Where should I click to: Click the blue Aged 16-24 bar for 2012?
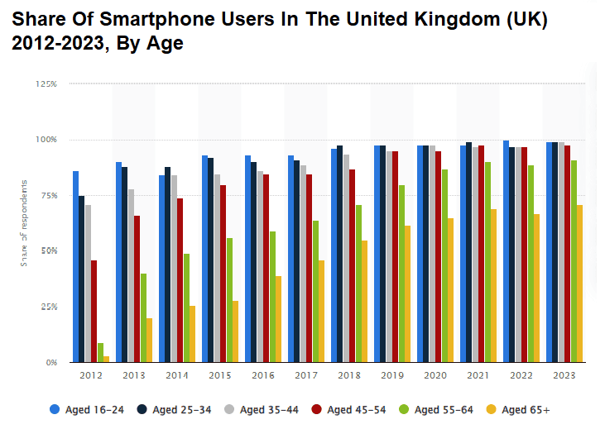(x=75, y=266)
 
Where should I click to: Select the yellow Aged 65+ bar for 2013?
(x=150, y=340)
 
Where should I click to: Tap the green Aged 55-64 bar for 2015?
(x=229, y=300)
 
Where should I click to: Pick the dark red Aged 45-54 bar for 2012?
(x=94, y=311)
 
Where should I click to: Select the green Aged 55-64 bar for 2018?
(x=358, y=284)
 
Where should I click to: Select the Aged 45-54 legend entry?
(x=350, y=408)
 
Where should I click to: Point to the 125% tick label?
(x=46, y=84)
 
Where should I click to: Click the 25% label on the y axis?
(x=48, y=307)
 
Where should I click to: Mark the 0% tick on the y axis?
(x=51, y=362)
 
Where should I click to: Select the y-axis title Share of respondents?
(x=24, y=223)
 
